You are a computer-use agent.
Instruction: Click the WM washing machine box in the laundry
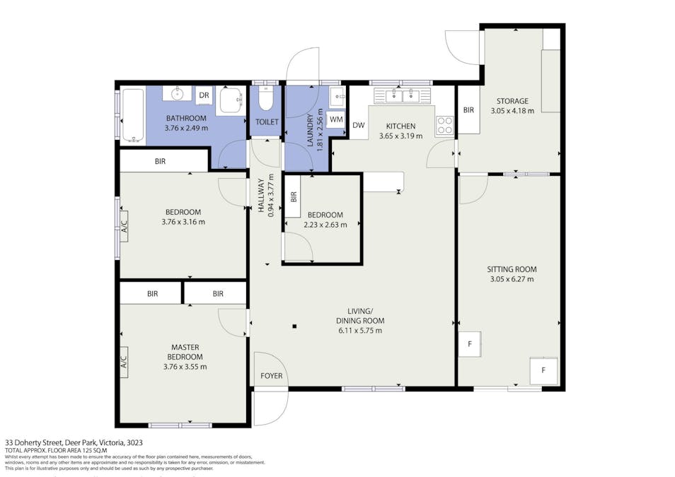point(336,120)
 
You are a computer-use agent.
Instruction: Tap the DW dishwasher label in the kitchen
point(359,126)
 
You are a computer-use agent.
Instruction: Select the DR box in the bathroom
point(204,95)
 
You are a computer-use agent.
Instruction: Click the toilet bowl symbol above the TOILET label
point(266,100)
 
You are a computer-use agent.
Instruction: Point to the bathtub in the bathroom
point(132,115)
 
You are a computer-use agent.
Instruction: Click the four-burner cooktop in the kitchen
point(444,125)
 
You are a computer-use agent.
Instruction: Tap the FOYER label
point(271,375)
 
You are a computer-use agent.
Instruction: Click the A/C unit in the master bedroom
point(124,362)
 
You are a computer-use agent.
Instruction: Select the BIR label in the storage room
point(468,110)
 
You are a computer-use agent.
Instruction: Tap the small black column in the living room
point(294,326)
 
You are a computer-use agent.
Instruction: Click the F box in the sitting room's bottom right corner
point(543,370)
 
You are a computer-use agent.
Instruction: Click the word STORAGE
point(512,101)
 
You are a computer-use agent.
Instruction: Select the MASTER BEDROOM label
point(185,352)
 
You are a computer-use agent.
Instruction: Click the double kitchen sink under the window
point(398,95)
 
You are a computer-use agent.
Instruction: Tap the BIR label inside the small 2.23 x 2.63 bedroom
point(293,197)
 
